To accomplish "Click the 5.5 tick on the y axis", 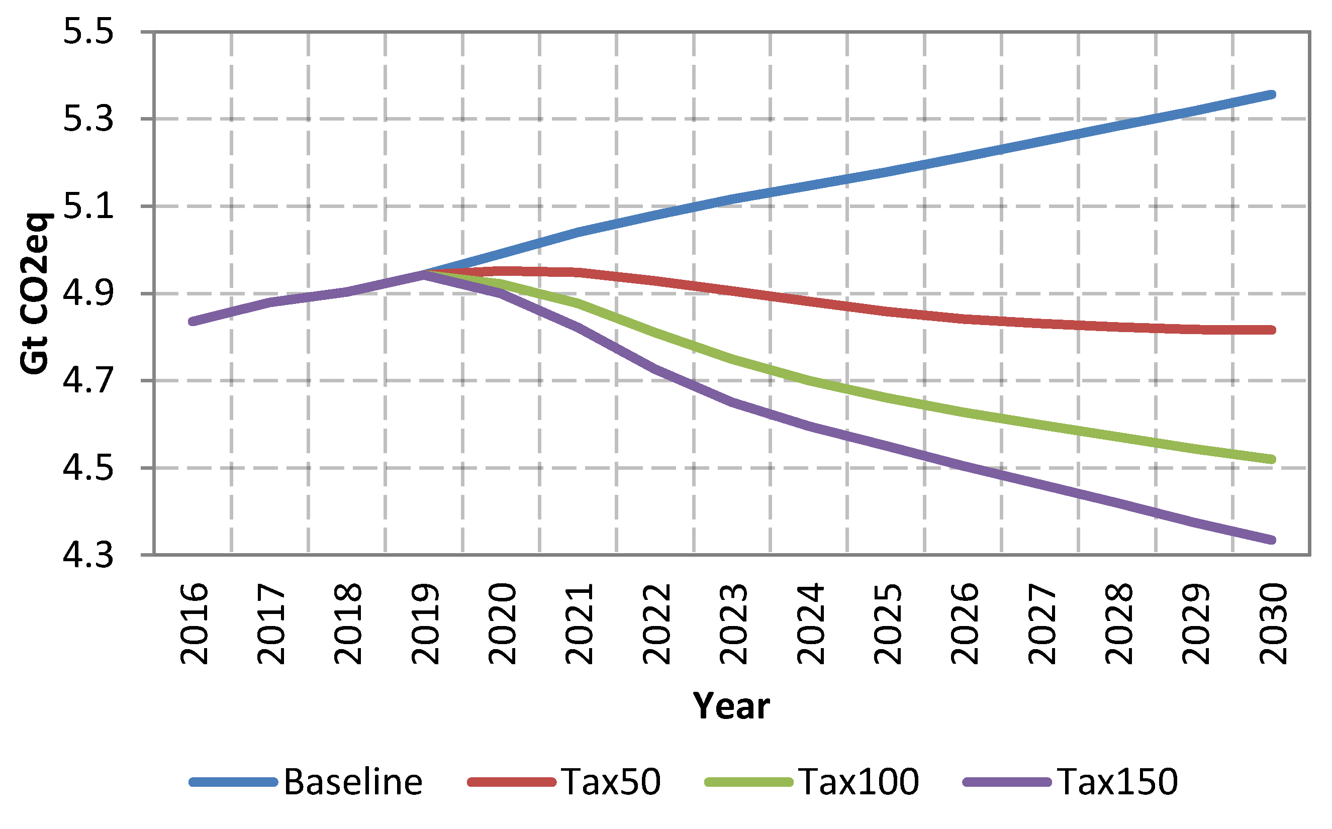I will (88, 31).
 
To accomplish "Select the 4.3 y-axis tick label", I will (88, 555).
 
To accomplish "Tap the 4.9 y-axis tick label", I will (88, 293).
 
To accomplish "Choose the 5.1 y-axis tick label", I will (88, 206).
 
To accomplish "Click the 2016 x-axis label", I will (194, 624).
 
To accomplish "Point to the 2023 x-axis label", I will (733, 624).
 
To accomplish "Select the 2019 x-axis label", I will (425, 624).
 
